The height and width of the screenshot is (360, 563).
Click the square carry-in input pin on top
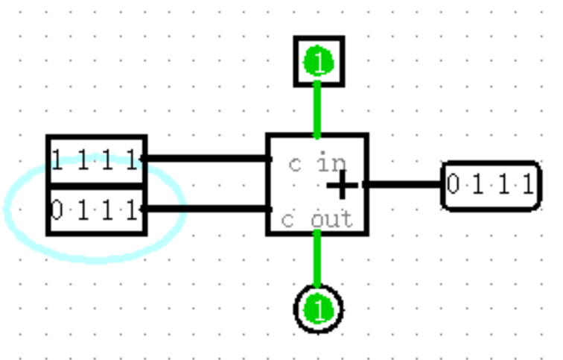319,61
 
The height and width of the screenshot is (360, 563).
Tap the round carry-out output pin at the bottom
318,310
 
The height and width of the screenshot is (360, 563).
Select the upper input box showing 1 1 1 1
96,160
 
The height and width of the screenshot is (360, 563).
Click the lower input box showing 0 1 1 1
96,210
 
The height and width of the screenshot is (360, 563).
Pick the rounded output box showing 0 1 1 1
491,186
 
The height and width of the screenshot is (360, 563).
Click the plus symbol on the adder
342,186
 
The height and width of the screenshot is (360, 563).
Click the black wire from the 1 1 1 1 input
205,158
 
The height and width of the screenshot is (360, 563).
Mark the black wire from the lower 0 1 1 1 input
205,208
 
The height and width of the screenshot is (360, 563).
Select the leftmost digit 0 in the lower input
57,211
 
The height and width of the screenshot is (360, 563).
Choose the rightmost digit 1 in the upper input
133,160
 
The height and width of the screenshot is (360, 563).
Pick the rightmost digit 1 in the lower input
133,211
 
